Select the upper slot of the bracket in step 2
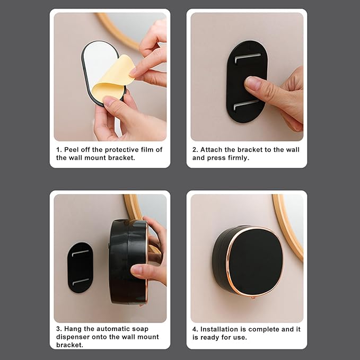248,57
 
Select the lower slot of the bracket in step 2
246,104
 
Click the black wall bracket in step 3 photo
80,267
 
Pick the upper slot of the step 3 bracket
81,253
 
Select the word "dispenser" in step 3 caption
73,337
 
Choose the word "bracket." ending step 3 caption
70,345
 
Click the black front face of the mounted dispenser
256,261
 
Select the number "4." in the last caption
195,329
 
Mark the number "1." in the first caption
59,150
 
